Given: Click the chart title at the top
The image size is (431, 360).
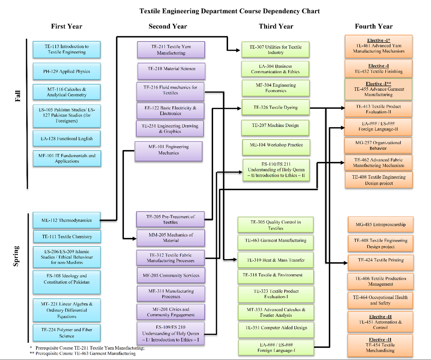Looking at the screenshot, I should pos(229,11).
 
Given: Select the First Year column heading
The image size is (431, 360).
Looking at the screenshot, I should pos(66,26).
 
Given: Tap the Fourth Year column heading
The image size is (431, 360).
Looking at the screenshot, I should pos(374,26).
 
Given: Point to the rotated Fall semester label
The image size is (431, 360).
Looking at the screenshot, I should pos(18,96).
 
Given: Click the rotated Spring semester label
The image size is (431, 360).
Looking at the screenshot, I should pos(16,256).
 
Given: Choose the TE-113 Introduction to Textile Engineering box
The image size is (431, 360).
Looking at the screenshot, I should pos(67,49).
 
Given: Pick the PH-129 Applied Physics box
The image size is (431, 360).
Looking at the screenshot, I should pos(67,72).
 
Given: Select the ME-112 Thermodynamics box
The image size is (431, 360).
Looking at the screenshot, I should pos(67,220).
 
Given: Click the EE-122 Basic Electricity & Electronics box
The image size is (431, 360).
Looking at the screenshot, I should pos(170,111).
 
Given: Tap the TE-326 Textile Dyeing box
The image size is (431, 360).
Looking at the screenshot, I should pos(276,107).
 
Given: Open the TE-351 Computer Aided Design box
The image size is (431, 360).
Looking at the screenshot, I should pos(276,328).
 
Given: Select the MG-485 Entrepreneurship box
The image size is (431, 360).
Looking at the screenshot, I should pos(380,225).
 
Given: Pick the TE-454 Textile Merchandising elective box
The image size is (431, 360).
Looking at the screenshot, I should pos(380,345).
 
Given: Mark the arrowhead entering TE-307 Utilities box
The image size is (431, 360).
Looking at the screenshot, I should pos(238,50).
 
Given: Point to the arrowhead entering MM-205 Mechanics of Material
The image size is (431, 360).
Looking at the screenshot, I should pos(134,239).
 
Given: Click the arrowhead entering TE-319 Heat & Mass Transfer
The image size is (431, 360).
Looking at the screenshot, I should pos(235,259).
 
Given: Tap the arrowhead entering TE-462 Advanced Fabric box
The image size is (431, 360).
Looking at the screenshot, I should pos(342,163).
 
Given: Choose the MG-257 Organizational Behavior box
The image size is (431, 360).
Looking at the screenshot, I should pos(378,145).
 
